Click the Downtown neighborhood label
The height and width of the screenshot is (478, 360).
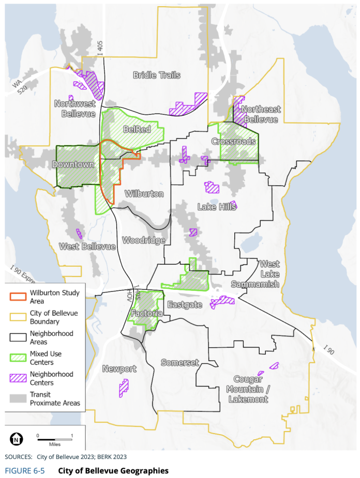[73, 165]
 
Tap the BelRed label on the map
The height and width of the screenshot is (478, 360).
[137, 129]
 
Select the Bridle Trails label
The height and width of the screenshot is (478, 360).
[157, 75]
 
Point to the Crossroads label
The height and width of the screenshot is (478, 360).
[233, 142]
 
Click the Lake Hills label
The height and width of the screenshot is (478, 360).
[217, 207]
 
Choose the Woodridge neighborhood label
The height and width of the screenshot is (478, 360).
[143, 241]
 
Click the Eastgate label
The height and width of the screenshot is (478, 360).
[184, 305]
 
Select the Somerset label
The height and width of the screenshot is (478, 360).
[179, 363]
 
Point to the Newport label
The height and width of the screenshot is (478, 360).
[119, 369]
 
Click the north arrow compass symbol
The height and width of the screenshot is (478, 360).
[17, 439]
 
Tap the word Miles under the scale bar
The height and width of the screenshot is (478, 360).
[55, 444]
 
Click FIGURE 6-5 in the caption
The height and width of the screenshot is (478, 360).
[25, 471]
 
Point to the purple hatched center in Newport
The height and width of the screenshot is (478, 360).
[124, 388]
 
